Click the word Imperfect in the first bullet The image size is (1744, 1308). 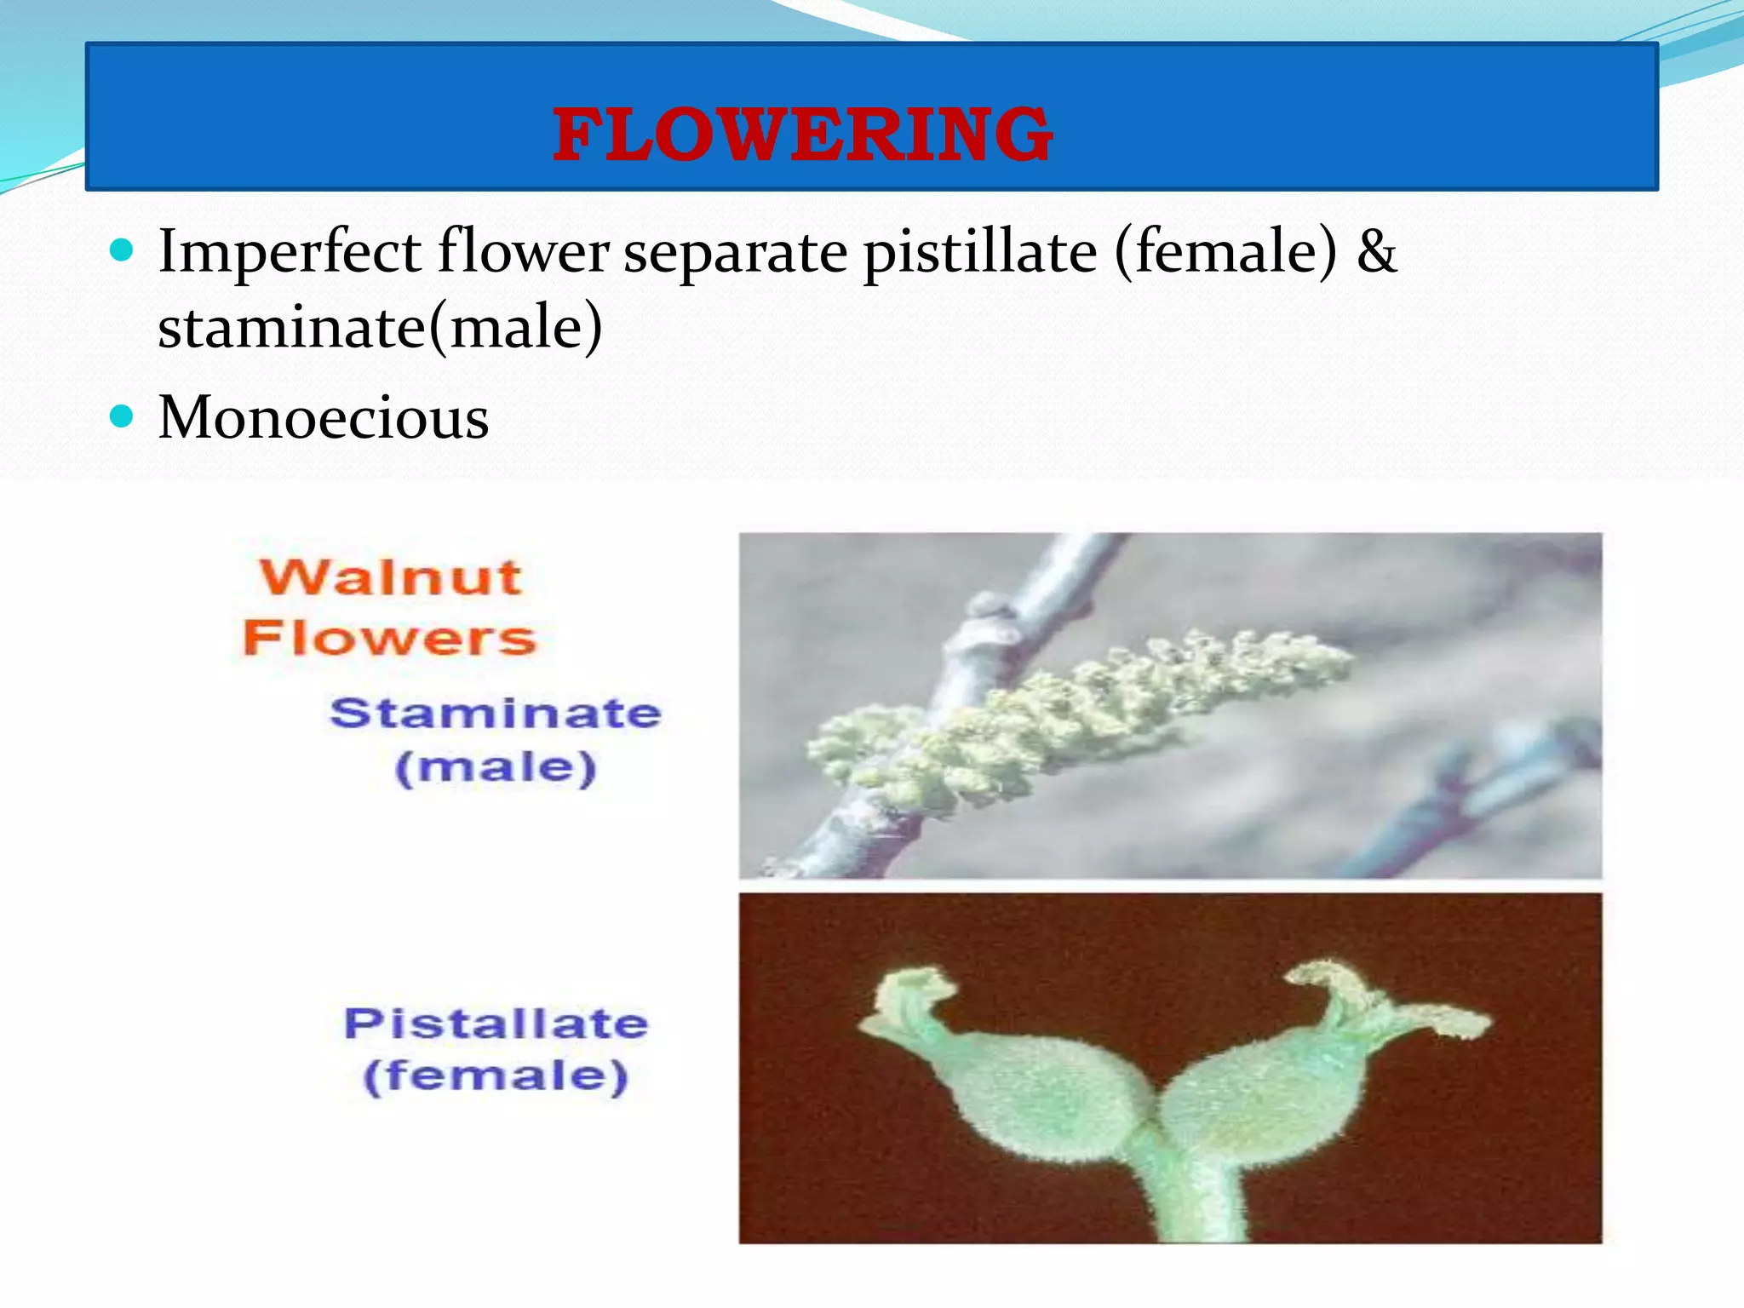pyautogui.click(x=290, y=253)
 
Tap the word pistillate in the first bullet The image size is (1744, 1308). pyautogui.click(x=980, y=253)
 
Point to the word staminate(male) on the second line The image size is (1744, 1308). pyautogui.click(x=380, y=329)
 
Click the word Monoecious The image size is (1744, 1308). pyautogui.click(x=324, y=418)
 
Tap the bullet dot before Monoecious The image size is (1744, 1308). pyautogui.click(x=123, y=416)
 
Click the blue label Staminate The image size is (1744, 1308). pyautogui.click(x=495, y=713)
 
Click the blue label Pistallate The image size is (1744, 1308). pyautogui.click(x=496, y=1023)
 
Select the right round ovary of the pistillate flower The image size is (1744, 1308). pyautogui.click(x=1260, y=1099)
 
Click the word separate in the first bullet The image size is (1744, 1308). pyautogui.click(x=735, y=253)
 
